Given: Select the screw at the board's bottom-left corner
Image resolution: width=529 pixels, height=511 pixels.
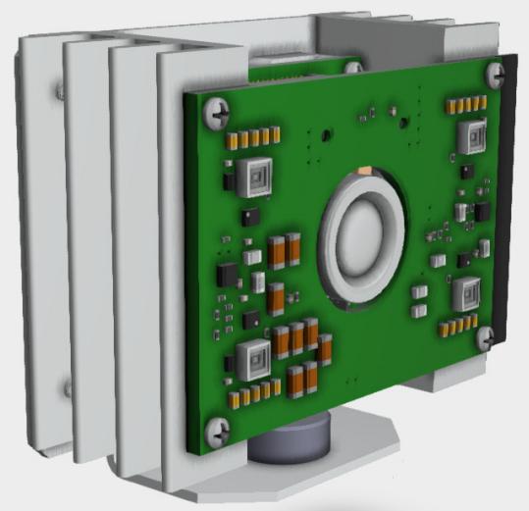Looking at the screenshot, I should click(221, 428).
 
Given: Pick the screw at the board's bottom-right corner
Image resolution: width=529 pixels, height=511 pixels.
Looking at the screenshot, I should click(486, 337).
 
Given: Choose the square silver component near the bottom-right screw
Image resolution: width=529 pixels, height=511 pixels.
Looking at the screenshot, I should click(465, 293).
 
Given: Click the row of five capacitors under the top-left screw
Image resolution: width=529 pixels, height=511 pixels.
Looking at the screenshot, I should click(248, 138).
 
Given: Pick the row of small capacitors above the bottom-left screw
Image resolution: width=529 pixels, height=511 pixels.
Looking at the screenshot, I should click(250, 394).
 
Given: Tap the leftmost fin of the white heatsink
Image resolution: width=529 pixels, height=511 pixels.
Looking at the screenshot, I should click(34, 245).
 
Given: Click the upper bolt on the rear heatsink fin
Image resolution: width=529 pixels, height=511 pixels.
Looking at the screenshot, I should click(60, 91).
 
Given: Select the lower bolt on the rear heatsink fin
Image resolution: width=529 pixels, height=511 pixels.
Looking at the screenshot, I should click(67, 389).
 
